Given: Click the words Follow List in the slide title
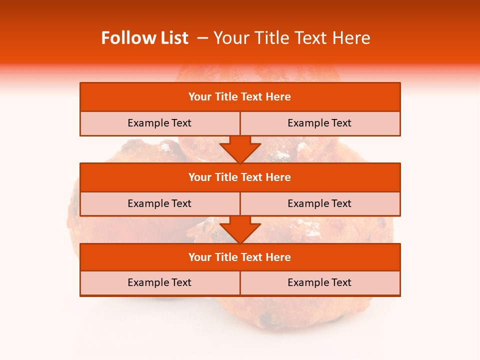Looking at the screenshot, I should tap(144, 38).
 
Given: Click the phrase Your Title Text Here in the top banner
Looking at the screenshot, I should tap(291, 38).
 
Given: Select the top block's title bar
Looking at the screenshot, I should tap(240, 97).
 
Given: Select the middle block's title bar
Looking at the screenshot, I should tap(240, 177).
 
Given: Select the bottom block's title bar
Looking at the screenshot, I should tap(240, 257).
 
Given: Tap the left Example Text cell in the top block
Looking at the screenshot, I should tap(159, 123).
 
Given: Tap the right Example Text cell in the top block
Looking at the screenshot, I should tap(320, 123).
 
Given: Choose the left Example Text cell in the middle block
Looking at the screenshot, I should tap(159, 203).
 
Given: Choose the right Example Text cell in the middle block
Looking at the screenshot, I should tap(320, 203).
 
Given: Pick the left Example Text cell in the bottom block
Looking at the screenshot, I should tap(159, 282).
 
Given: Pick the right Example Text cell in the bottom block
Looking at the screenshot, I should tap(320, 282).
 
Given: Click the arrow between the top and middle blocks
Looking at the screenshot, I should tap(240, 149).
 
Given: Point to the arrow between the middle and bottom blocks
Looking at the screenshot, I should tap(240, 229).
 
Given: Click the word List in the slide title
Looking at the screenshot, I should tap(174, 38).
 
